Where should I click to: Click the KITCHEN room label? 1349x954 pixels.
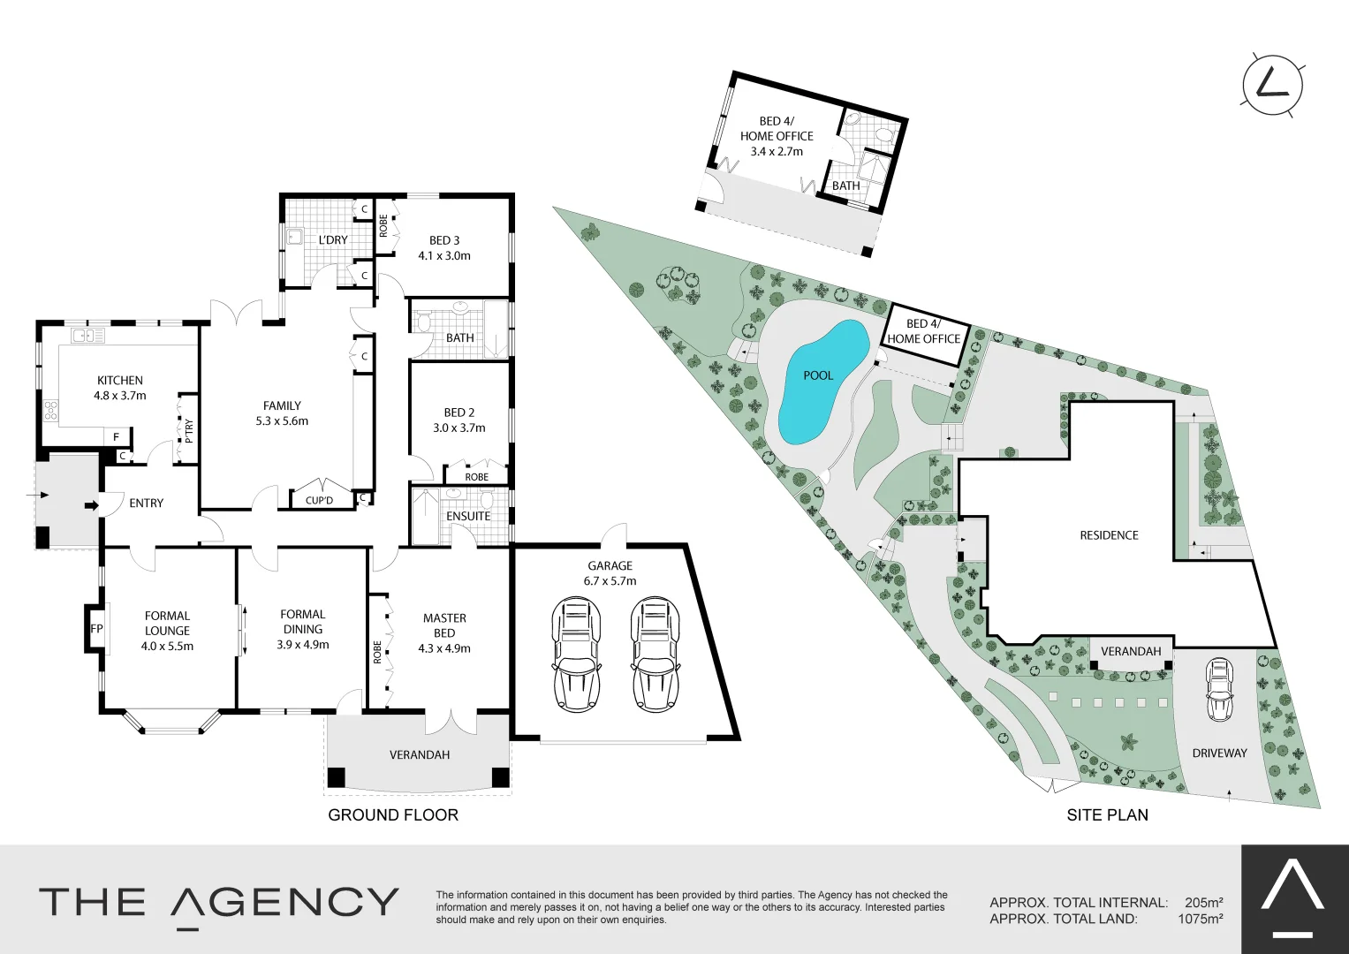[119, 381]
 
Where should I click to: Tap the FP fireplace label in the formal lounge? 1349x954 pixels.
[96, 629]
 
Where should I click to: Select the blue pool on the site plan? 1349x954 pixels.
[818, 381]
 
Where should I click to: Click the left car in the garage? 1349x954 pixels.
[576, 653]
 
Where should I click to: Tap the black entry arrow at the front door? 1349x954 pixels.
[91, 505]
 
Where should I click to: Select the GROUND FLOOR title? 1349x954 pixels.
[393, 814]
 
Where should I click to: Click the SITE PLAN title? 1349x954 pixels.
[1107, 814]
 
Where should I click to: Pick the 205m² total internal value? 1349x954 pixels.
[1202, 903]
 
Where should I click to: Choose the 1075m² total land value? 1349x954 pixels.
[1200, 919]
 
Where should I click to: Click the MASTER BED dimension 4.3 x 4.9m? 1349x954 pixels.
[444, 648]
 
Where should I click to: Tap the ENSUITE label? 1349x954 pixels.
[468, 516]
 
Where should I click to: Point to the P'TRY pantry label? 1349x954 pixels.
[188, 430]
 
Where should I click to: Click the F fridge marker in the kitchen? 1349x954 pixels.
[116, 436]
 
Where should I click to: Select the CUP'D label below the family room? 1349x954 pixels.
[319, 501]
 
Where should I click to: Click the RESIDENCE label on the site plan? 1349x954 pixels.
[1109, 535]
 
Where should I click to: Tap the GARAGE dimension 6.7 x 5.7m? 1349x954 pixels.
[610, 581]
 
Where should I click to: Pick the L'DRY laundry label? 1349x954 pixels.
[333, 240]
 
